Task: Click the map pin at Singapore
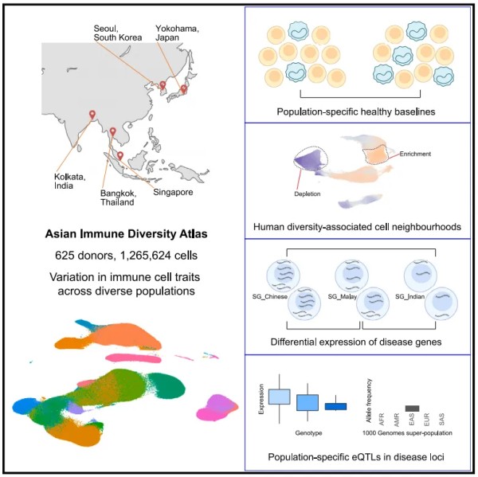[x=120, y=155]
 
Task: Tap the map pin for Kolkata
[x=92, y=115]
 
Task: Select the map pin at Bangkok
[x=113, y=131]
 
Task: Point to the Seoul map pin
[x=163, y=85]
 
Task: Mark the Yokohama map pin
[x=183, y=89]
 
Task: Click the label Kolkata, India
[x=70, y=182]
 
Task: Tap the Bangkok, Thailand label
[x=119, y=197]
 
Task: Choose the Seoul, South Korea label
[x=118, y=33]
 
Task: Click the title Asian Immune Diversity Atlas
[x=126, y=234]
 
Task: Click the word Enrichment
[x=415, y=154]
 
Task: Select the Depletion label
[x=308, y=194]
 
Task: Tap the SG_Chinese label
[x=270, y=296]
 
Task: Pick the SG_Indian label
[x=410, y=296]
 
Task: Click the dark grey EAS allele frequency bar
[x=412, y=409]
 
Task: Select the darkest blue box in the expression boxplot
[x=335, y=406]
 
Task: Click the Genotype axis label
[x=308, y=433]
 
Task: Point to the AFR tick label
[x=382, y=420]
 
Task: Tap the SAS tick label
[x=441, y=420]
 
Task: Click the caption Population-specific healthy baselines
[x=356, y=111]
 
